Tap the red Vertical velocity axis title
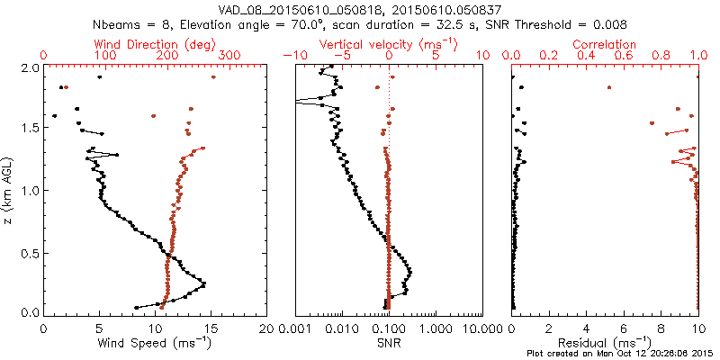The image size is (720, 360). tap(388, 44)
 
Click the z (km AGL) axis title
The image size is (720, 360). tap(8, 188)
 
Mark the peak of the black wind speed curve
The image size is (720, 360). tap(205, 284)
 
